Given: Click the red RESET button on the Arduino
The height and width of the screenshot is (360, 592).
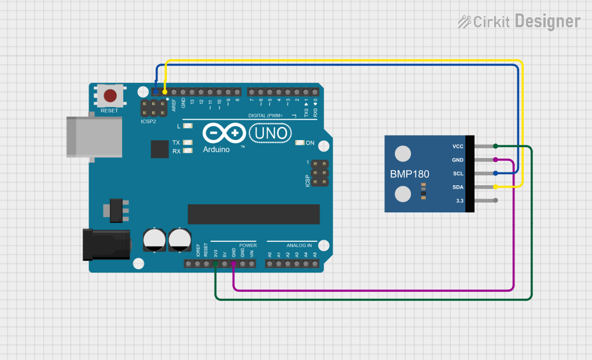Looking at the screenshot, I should [109, 95].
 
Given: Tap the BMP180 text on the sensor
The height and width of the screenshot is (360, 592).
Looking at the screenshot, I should [410, 174].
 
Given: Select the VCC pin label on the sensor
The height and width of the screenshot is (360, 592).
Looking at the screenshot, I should [458, 146].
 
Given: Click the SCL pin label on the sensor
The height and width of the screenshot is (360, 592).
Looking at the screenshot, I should [458, 174].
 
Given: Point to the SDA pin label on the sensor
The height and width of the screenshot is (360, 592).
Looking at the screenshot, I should [458, 187].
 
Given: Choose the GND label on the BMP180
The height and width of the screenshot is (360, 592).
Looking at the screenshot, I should [458, 160].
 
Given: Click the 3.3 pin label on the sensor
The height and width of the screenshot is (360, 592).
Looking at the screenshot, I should [459, 201].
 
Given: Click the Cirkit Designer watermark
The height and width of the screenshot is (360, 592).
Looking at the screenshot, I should [519, 22].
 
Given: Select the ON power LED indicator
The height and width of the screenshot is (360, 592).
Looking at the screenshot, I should [300, 143].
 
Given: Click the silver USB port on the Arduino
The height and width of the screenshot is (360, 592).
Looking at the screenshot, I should [94, 137].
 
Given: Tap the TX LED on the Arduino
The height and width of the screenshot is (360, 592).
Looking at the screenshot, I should [187, 142].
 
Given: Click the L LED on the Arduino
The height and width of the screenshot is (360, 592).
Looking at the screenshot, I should [187, 126].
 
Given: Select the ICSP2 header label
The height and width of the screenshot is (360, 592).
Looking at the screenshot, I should [148, 122].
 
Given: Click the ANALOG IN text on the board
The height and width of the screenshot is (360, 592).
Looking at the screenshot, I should [299, 245].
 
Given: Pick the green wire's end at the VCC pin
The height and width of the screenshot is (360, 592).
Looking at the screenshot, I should [495, 146].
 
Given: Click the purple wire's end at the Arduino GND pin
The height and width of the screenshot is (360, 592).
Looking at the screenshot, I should [233, 264].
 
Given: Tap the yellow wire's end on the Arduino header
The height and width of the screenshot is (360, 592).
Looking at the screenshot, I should [165, 92].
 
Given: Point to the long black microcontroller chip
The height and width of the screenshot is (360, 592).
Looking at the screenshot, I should [253, 214].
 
